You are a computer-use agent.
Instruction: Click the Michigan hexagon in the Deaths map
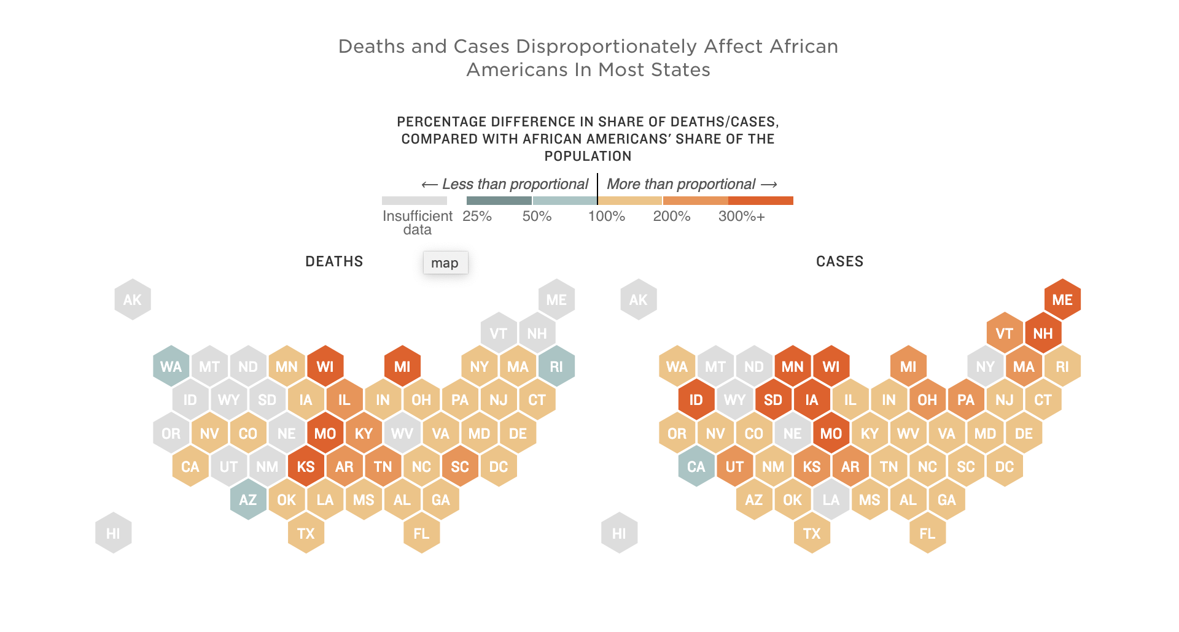coord(402,366)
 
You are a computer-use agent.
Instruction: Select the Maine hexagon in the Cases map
coord(1062,299)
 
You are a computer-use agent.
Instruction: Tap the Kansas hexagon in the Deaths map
coord(306,467)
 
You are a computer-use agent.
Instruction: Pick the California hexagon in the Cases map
coord(696,467)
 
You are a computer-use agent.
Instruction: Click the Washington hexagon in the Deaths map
coord(171,366)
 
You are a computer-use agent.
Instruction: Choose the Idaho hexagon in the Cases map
coord(696,400)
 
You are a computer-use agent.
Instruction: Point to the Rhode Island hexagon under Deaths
coord(556,366)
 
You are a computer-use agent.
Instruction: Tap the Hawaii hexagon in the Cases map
coord(619,533)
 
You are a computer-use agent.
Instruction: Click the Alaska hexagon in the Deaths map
coord(133,299)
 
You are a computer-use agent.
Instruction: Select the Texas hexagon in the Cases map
coord(812,533)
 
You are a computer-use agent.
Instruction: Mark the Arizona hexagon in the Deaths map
coord(248,500)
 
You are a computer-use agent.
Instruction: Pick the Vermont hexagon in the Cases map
coord(1005,333)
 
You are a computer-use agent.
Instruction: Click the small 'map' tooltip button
coord(445,263)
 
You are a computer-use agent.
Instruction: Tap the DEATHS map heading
coord(334,261)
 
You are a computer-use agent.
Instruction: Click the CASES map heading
coord(839,261)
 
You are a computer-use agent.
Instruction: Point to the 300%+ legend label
coord(741,217)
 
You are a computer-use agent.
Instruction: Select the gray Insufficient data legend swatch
coord(414,201)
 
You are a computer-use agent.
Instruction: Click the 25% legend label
coord(477,217)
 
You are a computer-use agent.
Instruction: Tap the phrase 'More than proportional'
coord(681,184)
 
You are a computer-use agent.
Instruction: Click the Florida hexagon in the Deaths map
coord(421,533)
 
